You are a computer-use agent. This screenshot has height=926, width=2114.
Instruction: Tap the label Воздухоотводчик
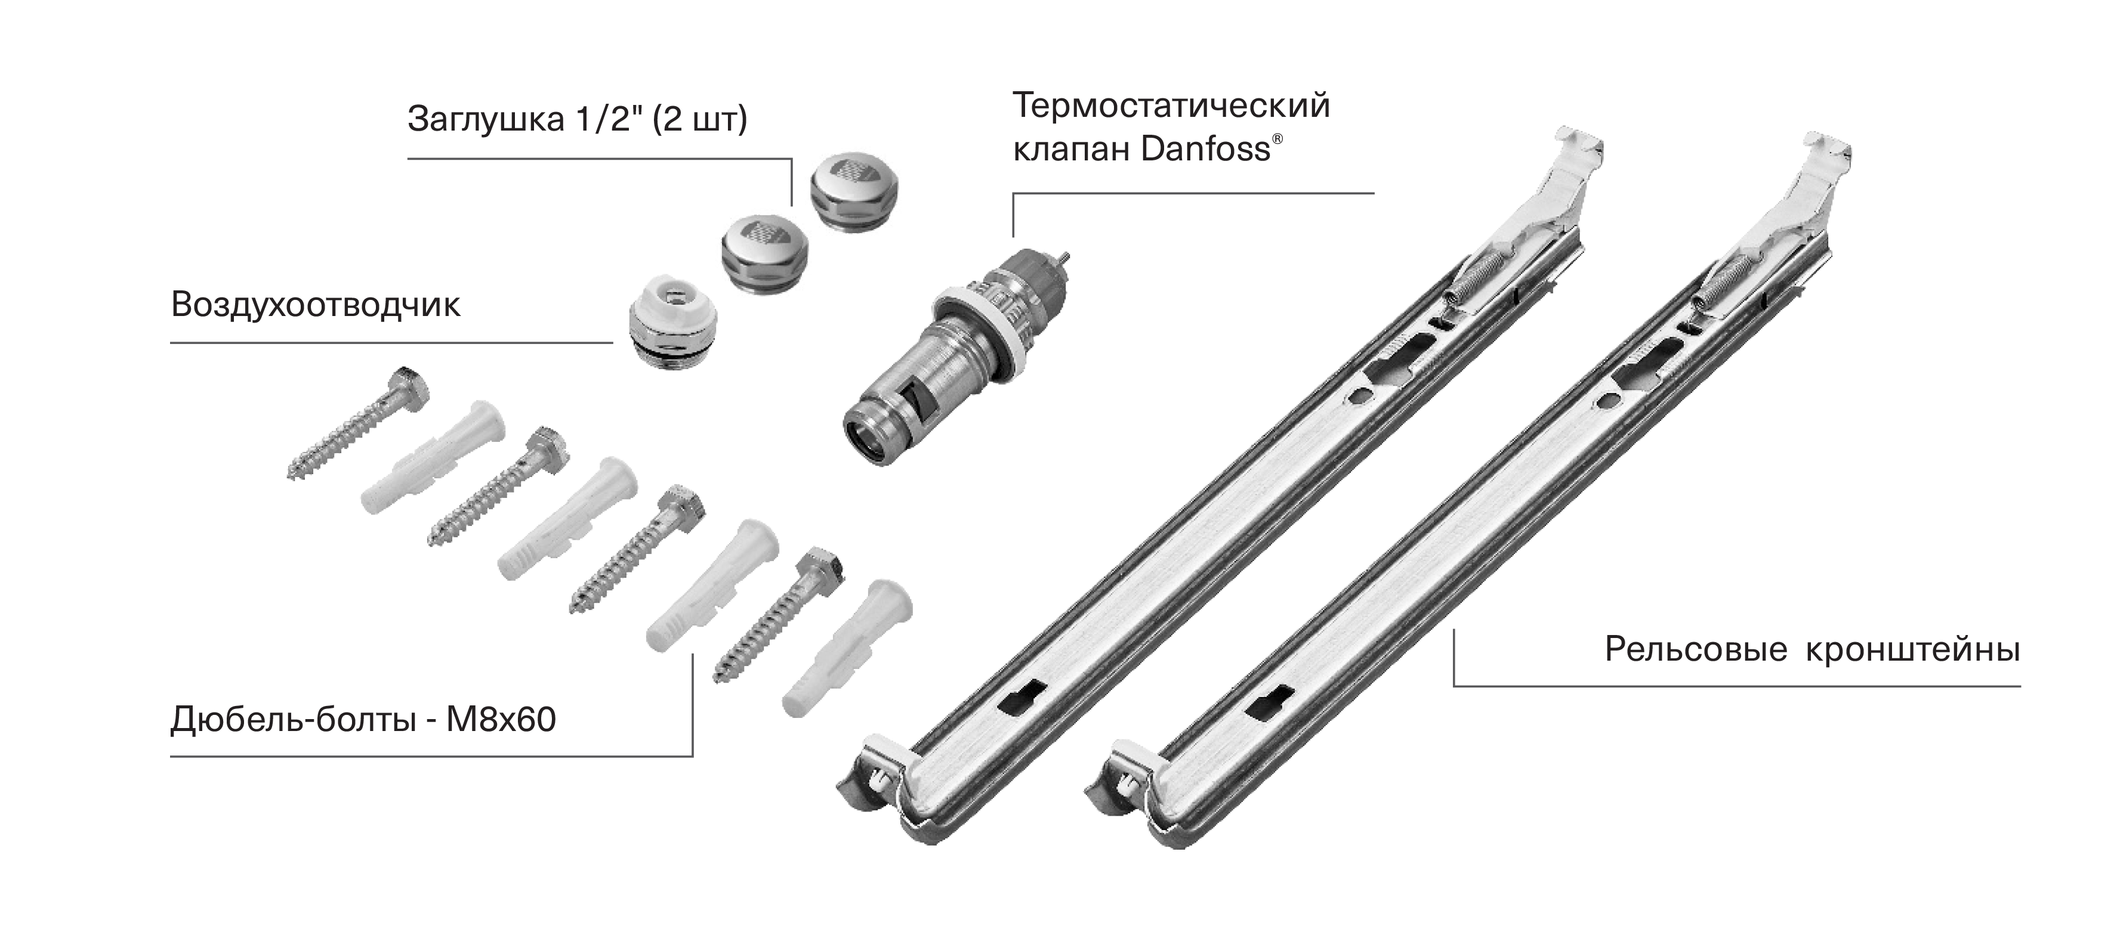click(316, 305)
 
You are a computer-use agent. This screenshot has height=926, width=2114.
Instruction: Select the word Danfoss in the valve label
click(1205, 150)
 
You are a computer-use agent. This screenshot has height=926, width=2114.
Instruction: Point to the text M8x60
click(501, 720)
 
